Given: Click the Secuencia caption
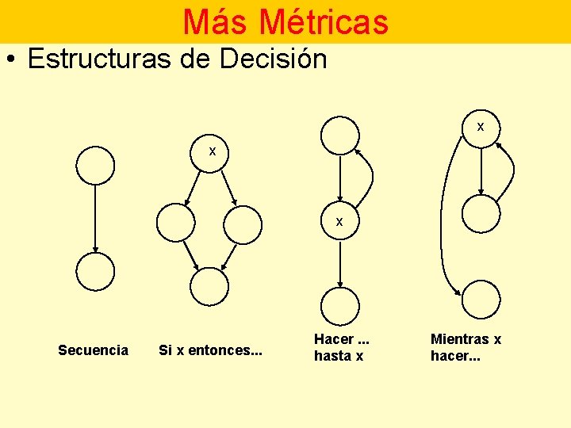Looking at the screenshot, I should pyautogui.click(x=93, y=350).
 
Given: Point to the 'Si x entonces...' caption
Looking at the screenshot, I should pyautogui.click(x=210, y=350).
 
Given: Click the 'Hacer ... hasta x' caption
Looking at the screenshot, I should pyautogui.click(x=343, y=348).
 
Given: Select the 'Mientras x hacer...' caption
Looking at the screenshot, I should pyautogui.click(x=466, y=348).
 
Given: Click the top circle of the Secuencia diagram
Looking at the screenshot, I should pyautogui.click(x=95, y=166).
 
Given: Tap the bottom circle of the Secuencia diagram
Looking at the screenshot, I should pyautogui.click(x=95, y=272).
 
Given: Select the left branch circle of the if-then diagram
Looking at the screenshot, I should pyautogui.click(x=175, y=224).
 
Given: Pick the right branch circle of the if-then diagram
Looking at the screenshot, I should pyautogui.click(x=243, y=224).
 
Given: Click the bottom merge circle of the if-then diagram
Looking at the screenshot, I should pyautogui.click(x=209, y=286).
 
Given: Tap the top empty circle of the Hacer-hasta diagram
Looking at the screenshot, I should pyautogui.click(x=339, y=136).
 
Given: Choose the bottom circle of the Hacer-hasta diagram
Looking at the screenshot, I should pyautogui.click(x=339, y=305).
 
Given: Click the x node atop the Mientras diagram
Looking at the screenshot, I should pyautogui.click(x=481, y=127).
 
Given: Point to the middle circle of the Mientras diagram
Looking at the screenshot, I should pyautogui.click(x=481, y=213).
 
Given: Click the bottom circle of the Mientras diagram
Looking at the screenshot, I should pyautogui.click(x=481, y=299).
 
